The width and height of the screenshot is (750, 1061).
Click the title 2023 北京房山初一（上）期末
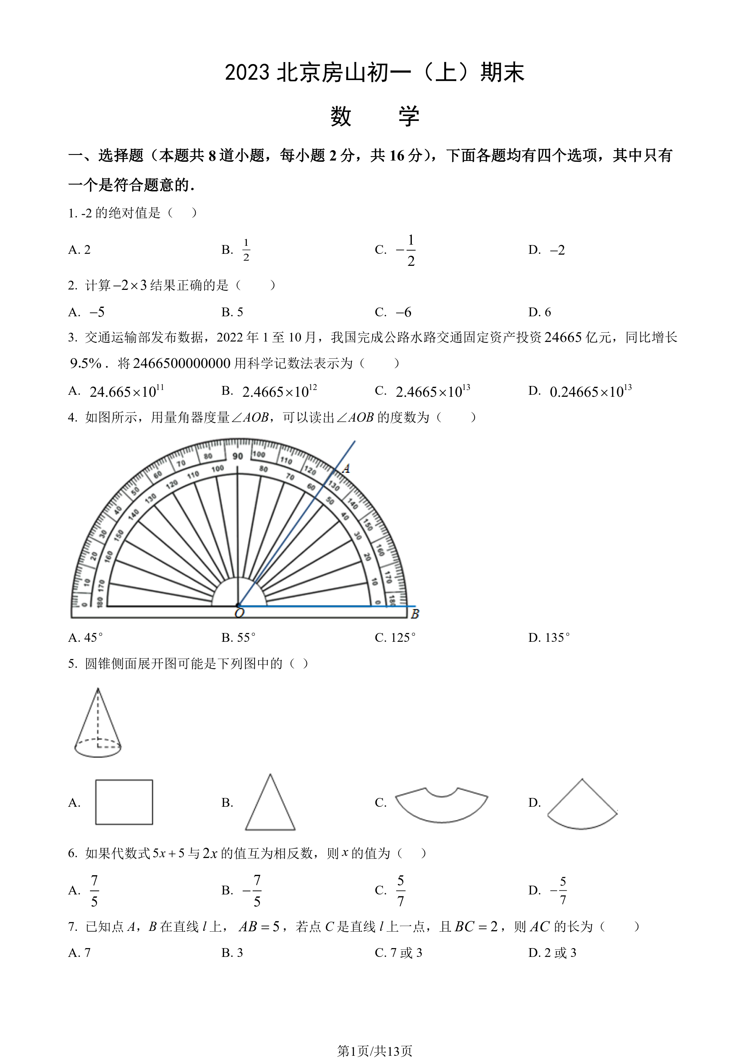pyautogui.click(x=375, y=72)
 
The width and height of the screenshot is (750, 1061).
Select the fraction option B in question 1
pyautogui.click(x=246, y=250)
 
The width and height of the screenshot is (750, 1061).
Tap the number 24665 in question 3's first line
pyautogui.click(x=563, y=338)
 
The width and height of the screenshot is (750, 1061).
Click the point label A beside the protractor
pyautogui.click(x=346, y=468)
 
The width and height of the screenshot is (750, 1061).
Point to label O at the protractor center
pyautogui.click(x=239, y=613)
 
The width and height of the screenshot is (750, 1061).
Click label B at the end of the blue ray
pyautogui.click(x=414, y=614)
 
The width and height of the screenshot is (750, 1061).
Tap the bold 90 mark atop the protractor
pyautogui.click(x=237, y=456)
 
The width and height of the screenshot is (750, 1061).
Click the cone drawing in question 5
pyautogui.click(x=98, y=725)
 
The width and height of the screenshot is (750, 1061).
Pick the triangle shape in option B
pyautogui.click(x=270, y=804)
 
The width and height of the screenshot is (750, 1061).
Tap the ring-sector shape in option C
pyautogui.click(x=441, y=807)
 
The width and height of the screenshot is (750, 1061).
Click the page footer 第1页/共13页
pyautogui.click(x=375, y=1051)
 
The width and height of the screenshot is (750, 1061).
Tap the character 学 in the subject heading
pyautogui.click(x=409, y=117)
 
